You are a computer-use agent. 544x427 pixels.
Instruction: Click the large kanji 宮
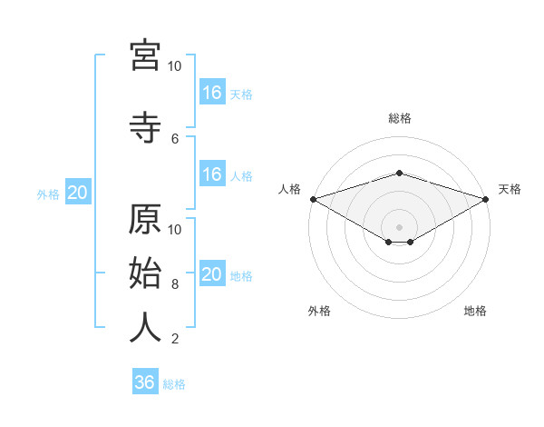[x=145, y=55]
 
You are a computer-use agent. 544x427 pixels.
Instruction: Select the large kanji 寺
[x=145, y=127]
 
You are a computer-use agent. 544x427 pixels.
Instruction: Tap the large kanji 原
[x=145, y=219]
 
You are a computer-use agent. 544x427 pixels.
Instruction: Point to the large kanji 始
[x=145, y=273]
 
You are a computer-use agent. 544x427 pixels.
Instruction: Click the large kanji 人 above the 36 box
[x=145, y=327]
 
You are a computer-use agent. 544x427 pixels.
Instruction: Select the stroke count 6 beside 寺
[x=175, y=139]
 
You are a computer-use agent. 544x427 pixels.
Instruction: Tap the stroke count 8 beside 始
[x=175, y=284]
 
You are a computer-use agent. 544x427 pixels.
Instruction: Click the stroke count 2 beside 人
[x=175, y=339]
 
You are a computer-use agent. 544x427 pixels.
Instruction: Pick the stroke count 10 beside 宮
[x=174, y=66]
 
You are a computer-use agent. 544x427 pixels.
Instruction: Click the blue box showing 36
[x=145, y=381]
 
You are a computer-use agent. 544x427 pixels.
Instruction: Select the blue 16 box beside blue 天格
[x=213, y=92]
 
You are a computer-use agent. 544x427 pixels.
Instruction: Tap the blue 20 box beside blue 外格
[x=78, y=192]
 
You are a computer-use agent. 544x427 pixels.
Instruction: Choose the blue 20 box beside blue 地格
[x=213, y=273]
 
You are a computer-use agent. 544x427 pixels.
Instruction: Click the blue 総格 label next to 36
[x=174, y=384]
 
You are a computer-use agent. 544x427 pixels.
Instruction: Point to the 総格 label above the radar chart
[x=400, y=118]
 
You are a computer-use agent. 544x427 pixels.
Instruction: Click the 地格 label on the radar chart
[x=475, y=311]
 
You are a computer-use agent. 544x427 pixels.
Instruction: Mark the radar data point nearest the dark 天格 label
[x=486, y=199]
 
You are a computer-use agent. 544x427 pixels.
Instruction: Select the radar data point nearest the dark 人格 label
[x=314, y=199]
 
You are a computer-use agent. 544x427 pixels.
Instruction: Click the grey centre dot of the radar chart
[x=399, y=227]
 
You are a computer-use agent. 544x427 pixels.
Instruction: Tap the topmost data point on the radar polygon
[x=399, y=173]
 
